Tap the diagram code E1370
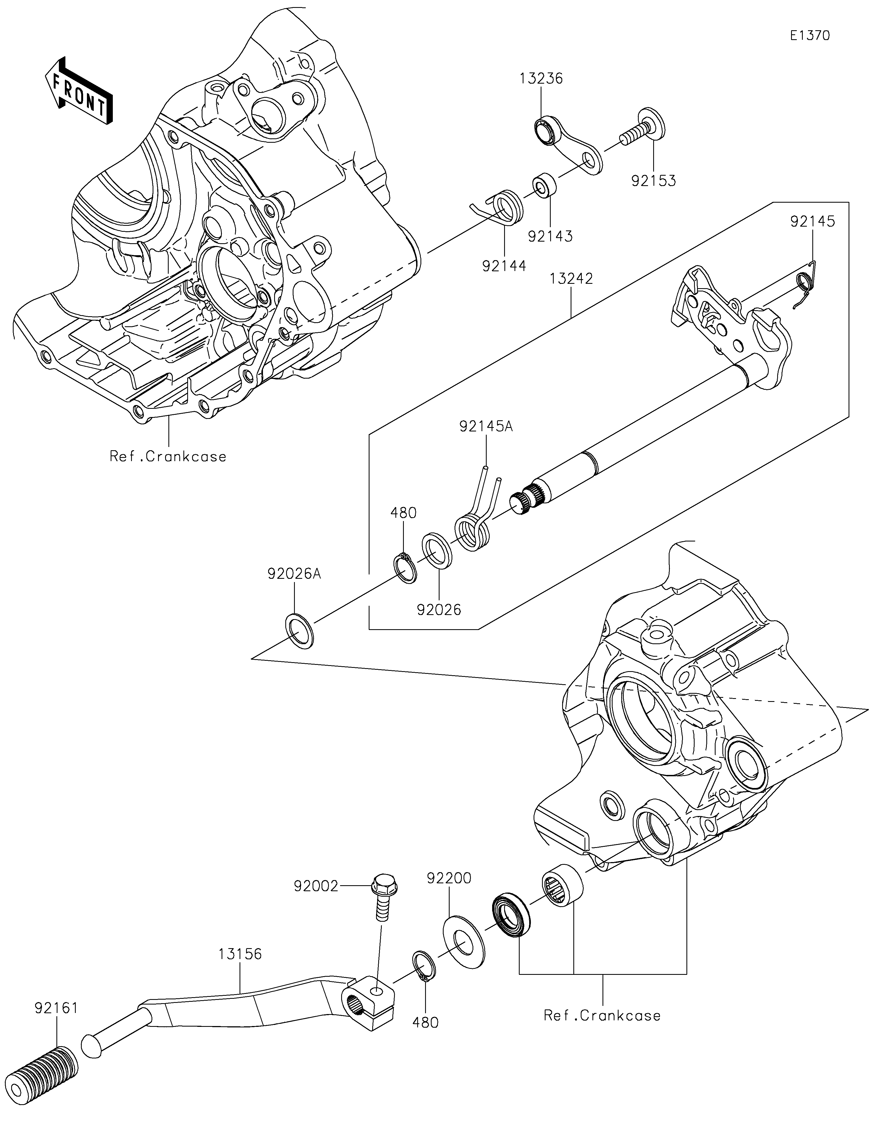click(810, 36)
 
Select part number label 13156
click(240, 954)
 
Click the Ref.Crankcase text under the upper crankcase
click(168, 456)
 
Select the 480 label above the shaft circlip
click(403, 513)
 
